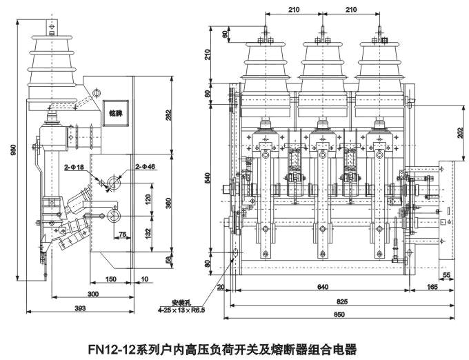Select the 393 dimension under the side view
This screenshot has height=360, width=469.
pos(80,308)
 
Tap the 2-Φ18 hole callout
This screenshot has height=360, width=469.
pos(74,167)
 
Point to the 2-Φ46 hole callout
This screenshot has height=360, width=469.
pos(146,167)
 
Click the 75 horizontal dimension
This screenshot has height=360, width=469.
pos(122,234)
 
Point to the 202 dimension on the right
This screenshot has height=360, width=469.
pos(460,134)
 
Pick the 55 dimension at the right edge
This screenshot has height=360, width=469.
pos(448,275)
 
